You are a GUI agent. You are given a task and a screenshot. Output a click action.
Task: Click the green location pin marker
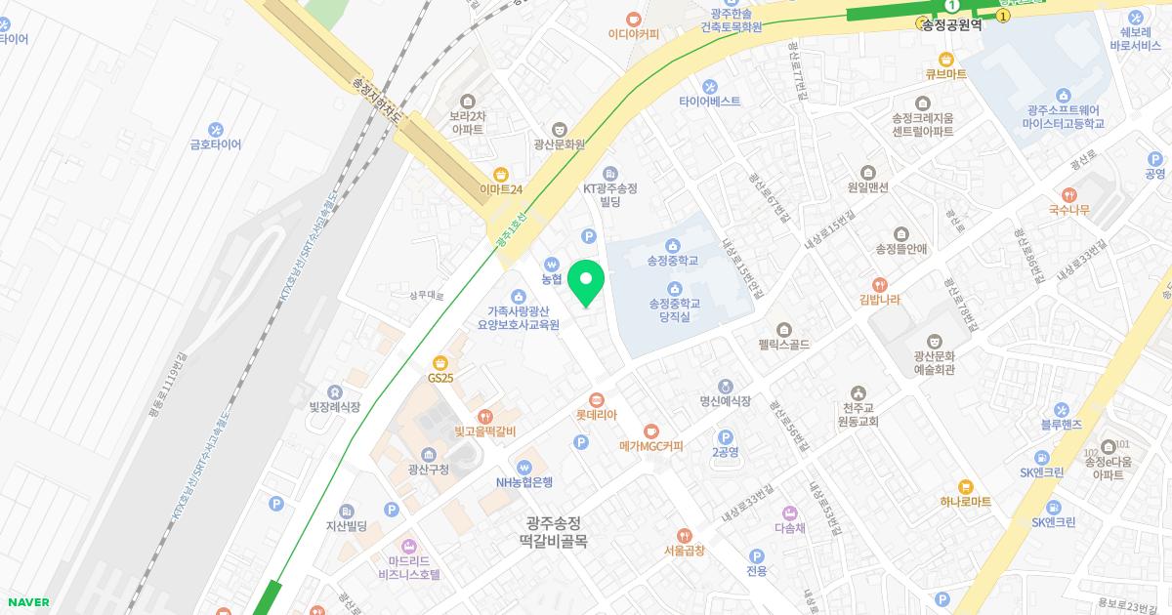pyautogui.click(x=586, y=283)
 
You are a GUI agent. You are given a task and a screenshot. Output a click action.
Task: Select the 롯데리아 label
pyautogui.click(x=597, y=415)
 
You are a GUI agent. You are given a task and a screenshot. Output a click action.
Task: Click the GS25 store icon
pyautogui.click(x=440, y=362)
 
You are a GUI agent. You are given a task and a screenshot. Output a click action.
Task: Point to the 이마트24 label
pyautogui.click(x=501, y=189)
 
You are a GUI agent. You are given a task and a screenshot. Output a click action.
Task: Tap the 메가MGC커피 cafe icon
pyautogui.click(x=651, y=430)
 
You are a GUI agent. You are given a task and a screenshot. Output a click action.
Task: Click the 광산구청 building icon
pyautogui.click(x=429, y=454)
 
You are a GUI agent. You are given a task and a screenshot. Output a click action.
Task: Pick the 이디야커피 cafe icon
pyautogui.click(x=634, y=19)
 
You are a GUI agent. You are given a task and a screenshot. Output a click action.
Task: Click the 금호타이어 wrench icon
pyautogui.click(x=216, y=129)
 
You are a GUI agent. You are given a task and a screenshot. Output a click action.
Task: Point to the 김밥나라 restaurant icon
pyautogui.click(x=880, y=284)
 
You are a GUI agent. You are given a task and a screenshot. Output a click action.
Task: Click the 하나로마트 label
pyautogui.click(x=966, y=502)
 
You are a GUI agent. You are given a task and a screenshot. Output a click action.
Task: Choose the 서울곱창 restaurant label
pyautogui.click(x=684, y=551)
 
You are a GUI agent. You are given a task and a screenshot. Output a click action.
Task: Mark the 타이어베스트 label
pyautogui.click(x=710, y=102)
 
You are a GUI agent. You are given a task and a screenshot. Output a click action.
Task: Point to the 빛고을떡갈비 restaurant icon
pyautogui.click(x=484, y=416)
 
